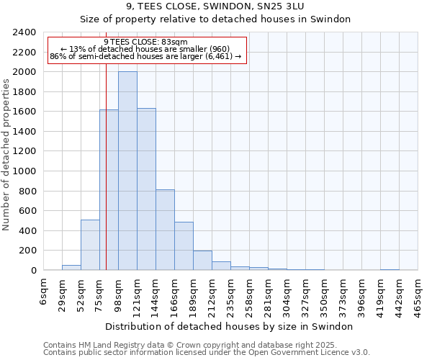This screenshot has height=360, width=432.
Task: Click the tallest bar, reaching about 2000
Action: [x=127, y=171]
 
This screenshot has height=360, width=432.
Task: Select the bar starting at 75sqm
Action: [x=109, y=190]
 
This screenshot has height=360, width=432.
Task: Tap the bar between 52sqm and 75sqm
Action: [x=90, y=245]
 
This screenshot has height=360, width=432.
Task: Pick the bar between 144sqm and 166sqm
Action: [x=165, y=230]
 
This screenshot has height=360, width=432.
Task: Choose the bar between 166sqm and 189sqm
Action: [x=184, y=246]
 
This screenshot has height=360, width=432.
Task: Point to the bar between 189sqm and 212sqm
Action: [x=202, y=261]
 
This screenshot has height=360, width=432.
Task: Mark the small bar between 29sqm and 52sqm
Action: [x=71, y=268]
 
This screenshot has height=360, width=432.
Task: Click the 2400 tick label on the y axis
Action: [x=24, y=32]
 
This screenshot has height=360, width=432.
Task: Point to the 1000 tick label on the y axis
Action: [x=24, y=171]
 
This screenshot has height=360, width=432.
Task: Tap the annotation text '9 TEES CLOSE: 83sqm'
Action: [x=146, y=42]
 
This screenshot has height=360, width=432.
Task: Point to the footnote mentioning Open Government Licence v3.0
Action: [x=206, y=353]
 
